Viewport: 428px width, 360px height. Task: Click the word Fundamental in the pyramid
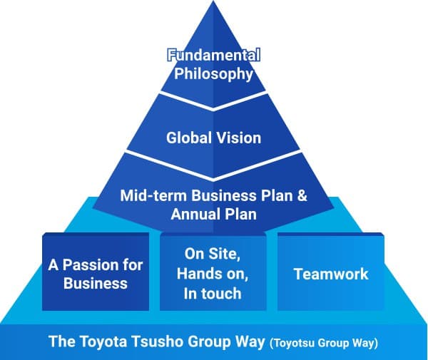[x=214, y=54]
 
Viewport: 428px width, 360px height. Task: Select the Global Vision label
[x=214, y=138]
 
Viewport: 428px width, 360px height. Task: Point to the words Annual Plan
[x=214, y=214]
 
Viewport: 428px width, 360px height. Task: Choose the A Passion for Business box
[x=96, y=273]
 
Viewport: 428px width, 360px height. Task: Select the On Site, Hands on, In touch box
[x=213, y=273]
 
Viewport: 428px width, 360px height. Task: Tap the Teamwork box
[x=330, y=273]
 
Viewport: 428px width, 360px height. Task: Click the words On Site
[x=213, y=254]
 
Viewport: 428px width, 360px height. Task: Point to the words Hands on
[x=213, y=273]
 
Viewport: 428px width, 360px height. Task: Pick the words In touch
[x=213, y=292]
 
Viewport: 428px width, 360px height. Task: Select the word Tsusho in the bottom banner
[x=153, y=341]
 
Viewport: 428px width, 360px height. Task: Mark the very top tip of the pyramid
[x=214, y=3]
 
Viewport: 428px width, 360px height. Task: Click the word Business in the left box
[x=96, y=283]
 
